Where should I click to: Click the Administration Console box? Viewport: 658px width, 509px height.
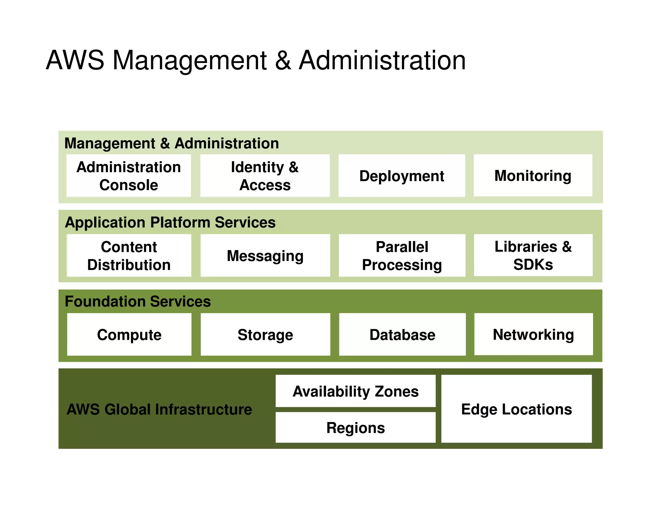click(x=129, y=176)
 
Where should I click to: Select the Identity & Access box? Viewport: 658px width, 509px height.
click(x=265, y=176)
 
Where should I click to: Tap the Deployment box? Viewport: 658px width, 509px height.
click(x=402, y=176)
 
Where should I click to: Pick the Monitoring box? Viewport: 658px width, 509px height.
click(x=533, y=175)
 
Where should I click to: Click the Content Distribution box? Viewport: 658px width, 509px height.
click(x=129, y=255)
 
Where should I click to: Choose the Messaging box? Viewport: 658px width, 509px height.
click(x=265, y=255)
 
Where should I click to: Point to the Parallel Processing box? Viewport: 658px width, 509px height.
click(x=402, y=255)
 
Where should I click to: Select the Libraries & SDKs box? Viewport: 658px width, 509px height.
click(x=533, y=255)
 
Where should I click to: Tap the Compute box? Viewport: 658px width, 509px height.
click(x=129, y=335)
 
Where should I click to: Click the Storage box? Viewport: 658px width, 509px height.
click(x=265, y=335)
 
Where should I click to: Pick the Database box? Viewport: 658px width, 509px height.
click(x=402, y=335)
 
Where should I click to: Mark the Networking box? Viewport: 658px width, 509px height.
click(x=533, y=334)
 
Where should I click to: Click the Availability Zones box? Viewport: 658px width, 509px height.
click(x=355, y=391)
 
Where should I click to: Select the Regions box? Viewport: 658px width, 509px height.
click(x=355, y=428)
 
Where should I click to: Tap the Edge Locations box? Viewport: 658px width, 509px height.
click(x=516, y=409)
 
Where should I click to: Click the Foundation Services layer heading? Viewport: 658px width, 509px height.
click(x=138, y=301)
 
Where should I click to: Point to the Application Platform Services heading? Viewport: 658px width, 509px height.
click(x=170, y=222)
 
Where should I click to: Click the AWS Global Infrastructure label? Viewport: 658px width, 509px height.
click(x=159, y=409)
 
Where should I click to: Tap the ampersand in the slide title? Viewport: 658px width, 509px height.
click(x=283, y=60)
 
